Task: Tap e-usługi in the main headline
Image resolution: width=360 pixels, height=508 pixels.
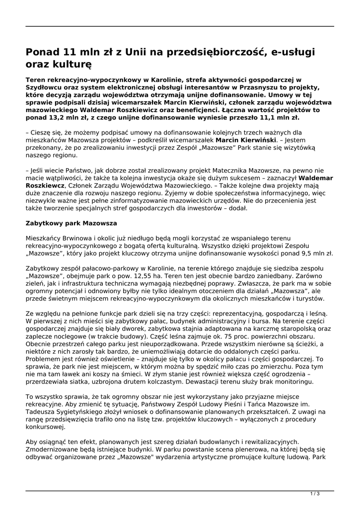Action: coord(294,52)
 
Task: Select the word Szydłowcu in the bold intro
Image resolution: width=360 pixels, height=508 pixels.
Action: coord(46,87)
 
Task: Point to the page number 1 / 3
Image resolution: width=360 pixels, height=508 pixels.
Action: coord(315,493)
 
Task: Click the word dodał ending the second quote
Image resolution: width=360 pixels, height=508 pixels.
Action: coord(236,208)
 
